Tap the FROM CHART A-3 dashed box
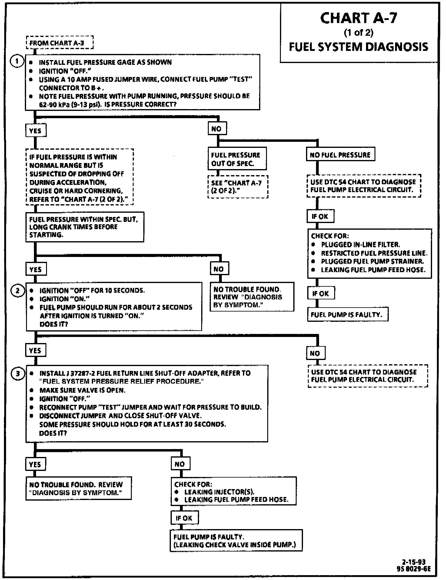point(59,43)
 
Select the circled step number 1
point(17,61)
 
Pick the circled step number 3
point(18,374)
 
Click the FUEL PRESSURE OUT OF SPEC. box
point(237,159)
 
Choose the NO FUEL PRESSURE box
point(340,155)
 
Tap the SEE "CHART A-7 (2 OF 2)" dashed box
point(238,187)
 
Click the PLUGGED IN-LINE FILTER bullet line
point(360,245)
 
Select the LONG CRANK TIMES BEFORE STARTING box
point(84,227)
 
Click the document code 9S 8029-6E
point(413,569)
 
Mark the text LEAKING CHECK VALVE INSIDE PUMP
point(235,545)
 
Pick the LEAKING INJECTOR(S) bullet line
point(219,492)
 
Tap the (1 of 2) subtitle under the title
point(358,32)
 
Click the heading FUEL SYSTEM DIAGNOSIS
point(358,47)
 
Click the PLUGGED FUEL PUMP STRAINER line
point(372,261)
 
